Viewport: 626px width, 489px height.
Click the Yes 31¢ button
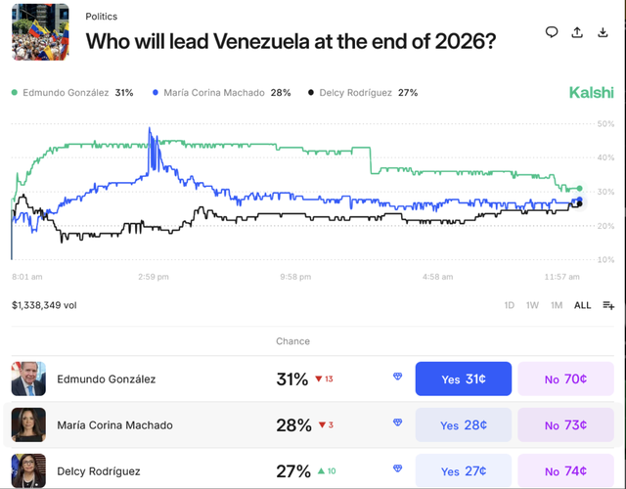pyautogui.click(x=464, y=378)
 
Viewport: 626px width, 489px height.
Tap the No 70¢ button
pyautogui.click(x=565, y=378)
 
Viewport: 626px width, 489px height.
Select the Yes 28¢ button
pyautogui.click(x=464, y=425)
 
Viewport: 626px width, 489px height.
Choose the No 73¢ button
pyautogui.click(x=565, y=425)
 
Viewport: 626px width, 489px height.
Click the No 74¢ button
pyautogui.click(x=565, y=470)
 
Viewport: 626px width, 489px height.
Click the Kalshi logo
pyautogui.click(x=591, y=93)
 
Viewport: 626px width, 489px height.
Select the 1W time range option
pyautogui.click(x=533, y=305)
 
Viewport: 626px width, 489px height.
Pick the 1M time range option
pyautogui.click(x=557, y=305)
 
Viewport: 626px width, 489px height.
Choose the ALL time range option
pyautogui.click(x=582, y=305)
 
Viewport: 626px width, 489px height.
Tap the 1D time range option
pyautogui.click(x=510, y=305)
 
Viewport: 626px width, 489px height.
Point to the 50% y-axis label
pyautogui.click(x=605, y=124)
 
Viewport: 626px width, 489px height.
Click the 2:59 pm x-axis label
pyautogui.click(x=154, y=277)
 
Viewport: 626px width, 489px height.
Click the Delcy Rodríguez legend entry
pyautogui.click(x=363, y=93)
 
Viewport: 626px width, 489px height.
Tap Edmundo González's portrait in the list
pyautogui.click(x=28, y=378)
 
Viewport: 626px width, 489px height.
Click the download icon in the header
pyautogui.click(x=603, y=32)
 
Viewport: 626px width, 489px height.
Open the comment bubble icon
pyautogui.click(x=552, y=32)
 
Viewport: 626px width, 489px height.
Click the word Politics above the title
pyautogui.click(x=103, y=17)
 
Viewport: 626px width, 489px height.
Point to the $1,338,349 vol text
pyautogui.click(x=44, y=305)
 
